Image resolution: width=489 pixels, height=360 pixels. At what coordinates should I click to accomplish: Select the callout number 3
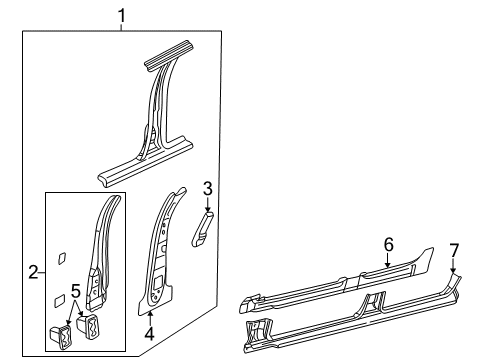pos(207,187)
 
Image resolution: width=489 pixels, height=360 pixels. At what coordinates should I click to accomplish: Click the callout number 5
pos(75,293)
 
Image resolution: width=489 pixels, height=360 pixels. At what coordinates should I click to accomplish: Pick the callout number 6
pos(388,272)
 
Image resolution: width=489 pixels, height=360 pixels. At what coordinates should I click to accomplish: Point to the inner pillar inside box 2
pos(102,255)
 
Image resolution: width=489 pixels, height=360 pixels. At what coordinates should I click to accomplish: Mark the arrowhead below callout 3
pos(208,207)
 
